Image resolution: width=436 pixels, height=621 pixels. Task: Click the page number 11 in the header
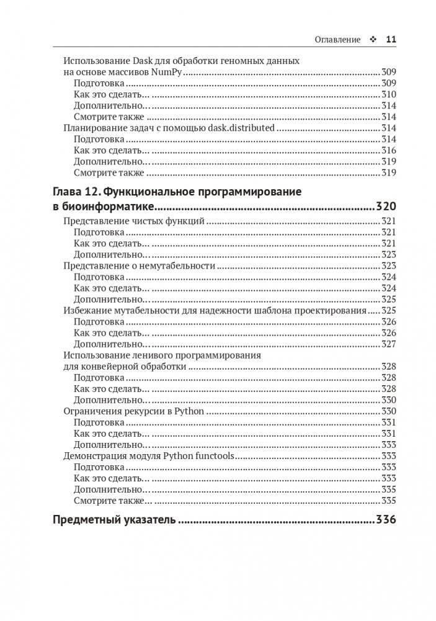tap(391, 39)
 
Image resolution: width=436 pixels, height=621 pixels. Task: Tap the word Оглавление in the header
tap(337, 39)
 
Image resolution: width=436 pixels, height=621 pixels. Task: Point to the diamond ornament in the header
tap(373, 39)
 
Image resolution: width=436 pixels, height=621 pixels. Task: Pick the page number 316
tap(388, 150)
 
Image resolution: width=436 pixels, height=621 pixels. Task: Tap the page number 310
tap(388, 94)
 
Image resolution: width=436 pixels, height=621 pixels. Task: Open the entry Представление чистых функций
tap(135, 221)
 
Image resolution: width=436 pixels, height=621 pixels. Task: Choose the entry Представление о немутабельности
tap(140, 266)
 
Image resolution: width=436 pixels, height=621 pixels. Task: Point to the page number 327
tap(388, 344)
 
